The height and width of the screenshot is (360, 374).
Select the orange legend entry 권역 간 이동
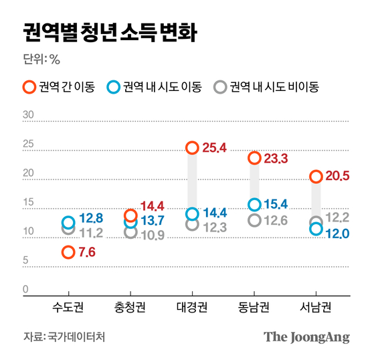click(x=58, y=87)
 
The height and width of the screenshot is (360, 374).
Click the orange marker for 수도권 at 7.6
click(x=68, y=252)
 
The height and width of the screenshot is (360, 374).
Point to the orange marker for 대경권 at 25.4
click(x=192, y=147)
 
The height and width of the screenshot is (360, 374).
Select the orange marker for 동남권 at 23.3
click(x=254, y=159)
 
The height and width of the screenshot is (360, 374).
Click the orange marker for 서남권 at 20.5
click(x=316, y=177)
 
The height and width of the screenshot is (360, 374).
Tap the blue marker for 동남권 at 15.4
click(x=254, y=205)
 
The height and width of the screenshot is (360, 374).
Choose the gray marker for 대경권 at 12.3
click(x=192, y=225)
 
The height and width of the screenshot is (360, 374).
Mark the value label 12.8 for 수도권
click(x=90, y=218)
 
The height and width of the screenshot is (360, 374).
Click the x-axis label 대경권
click(x=192, y=308)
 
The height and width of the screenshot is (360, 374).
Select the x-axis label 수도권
click(x=68, y=308)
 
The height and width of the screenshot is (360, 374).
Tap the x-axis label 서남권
click(x=316, y=308)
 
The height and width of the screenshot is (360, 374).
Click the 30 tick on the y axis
click(x=28, y=115)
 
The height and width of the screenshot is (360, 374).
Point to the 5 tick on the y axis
click(x=26, y=260)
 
